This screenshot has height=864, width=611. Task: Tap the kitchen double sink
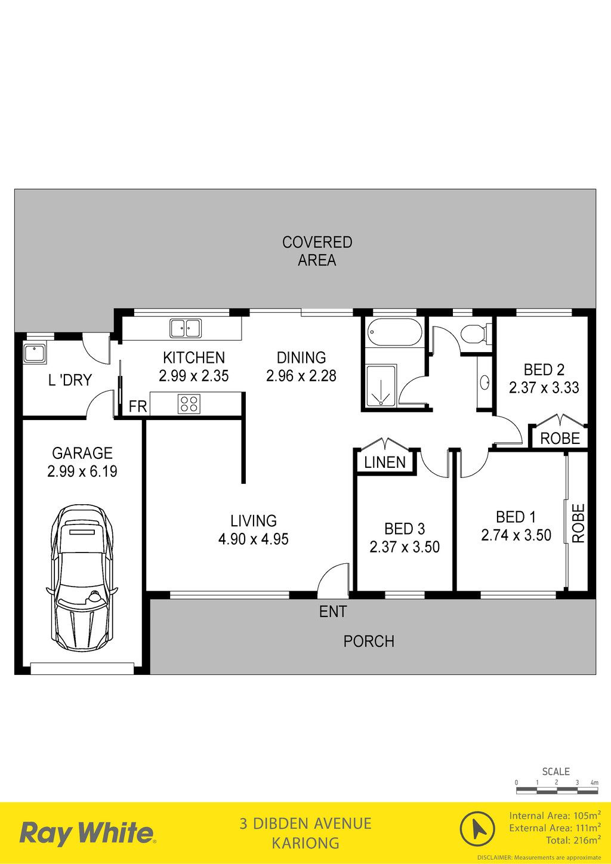pos(186,328)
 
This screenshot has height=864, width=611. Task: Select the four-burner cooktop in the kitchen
pos(189,404)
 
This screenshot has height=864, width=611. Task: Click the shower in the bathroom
pos(381,385)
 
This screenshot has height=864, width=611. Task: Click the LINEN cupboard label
pos(385,462)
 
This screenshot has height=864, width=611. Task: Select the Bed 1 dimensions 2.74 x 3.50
pos(516,535)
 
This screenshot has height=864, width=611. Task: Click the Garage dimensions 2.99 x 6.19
pos(82,471)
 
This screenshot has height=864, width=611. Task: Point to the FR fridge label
pos(138,406)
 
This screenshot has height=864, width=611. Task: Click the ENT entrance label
pos(333,612)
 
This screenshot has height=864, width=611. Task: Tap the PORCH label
pos(369,641)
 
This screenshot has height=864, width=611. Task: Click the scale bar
pos(557,791)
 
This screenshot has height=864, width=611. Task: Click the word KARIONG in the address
pos(305,843)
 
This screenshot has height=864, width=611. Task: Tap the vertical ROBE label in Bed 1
pos(578,523)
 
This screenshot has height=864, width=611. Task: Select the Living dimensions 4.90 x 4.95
pos(254,539)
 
